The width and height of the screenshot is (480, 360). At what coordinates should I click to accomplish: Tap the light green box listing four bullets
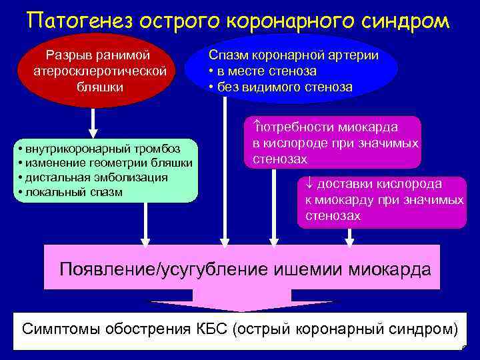click(x=107, y=169)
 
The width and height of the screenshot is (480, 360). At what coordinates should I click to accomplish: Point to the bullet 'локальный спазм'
click(x=73, y=193)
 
